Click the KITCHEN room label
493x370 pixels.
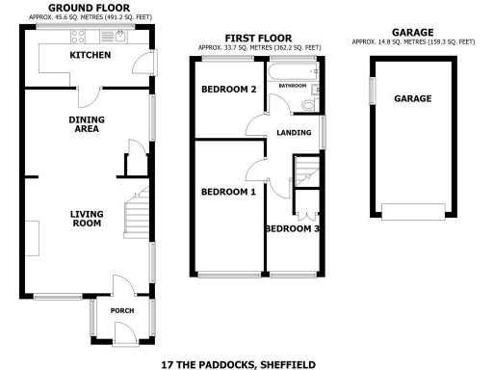pos(90,55)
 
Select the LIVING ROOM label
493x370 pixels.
pos(86,219)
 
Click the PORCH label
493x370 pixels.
pos(121,310)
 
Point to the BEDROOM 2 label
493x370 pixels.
pos(227,91)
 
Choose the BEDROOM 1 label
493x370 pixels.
pos(227,192)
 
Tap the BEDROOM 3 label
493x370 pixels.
pos(294,228)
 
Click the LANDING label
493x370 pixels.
pos(292,133)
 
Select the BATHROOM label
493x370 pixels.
pos(293,86)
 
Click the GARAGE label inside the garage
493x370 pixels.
pos(412,98)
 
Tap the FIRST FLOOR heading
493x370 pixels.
pos(258,38)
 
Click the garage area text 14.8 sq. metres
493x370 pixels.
pos(412,42)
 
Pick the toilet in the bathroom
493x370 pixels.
pos(308,104)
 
